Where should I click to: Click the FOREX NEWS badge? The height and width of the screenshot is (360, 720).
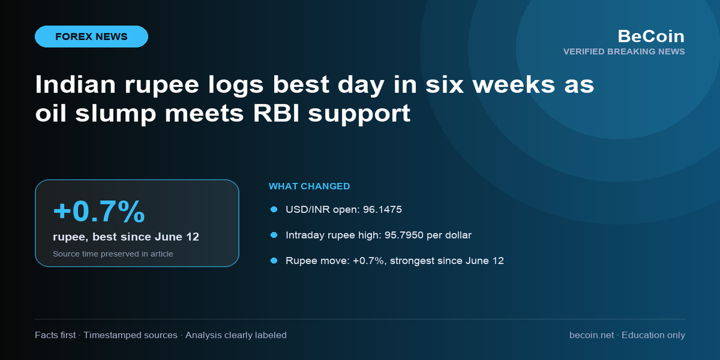click(x=92, y=37)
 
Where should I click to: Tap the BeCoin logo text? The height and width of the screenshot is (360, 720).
click(x=651, y=36)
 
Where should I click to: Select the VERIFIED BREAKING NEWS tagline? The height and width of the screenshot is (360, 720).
click(x=624, y=52)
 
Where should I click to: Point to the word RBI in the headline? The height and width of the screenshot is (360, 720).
click(x=276, y=113)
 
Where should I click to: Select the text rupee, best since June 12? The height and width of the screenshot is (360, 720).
click(x=126, y=237)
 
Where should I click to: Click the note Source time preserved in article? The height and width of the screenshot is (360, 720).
click(x=113, y=254)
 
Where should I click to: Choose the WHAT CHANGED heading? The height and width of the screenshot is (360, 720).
click(x=309, y=187)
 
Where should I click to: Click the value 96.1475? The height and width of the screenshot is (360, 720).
click(x=382, y=209)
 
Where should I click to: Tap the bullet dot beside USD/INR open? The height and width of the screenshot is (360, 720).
click(x=274, y=209)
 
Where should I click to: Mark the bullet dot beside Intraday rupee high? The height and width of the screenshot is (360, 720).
click(x=274, y=235)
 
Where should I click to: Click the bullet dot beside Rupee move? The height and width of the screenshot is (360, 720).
click(x=274, y=261)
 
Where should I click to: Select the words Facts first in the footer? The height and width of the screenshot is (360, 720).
click(x=55, y=335)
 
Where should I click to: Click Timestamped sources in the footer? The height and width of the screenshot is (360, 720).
click(x=130, y=335)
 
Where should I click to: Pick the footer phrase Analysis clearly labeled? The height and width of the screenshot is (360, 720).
click(x=236, y=335)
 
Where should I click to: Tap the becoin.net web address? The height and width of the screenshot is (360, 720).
click(x=591, y=335)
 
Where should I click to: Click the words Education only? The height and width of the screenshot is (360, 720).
click(x=653, y=335)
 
